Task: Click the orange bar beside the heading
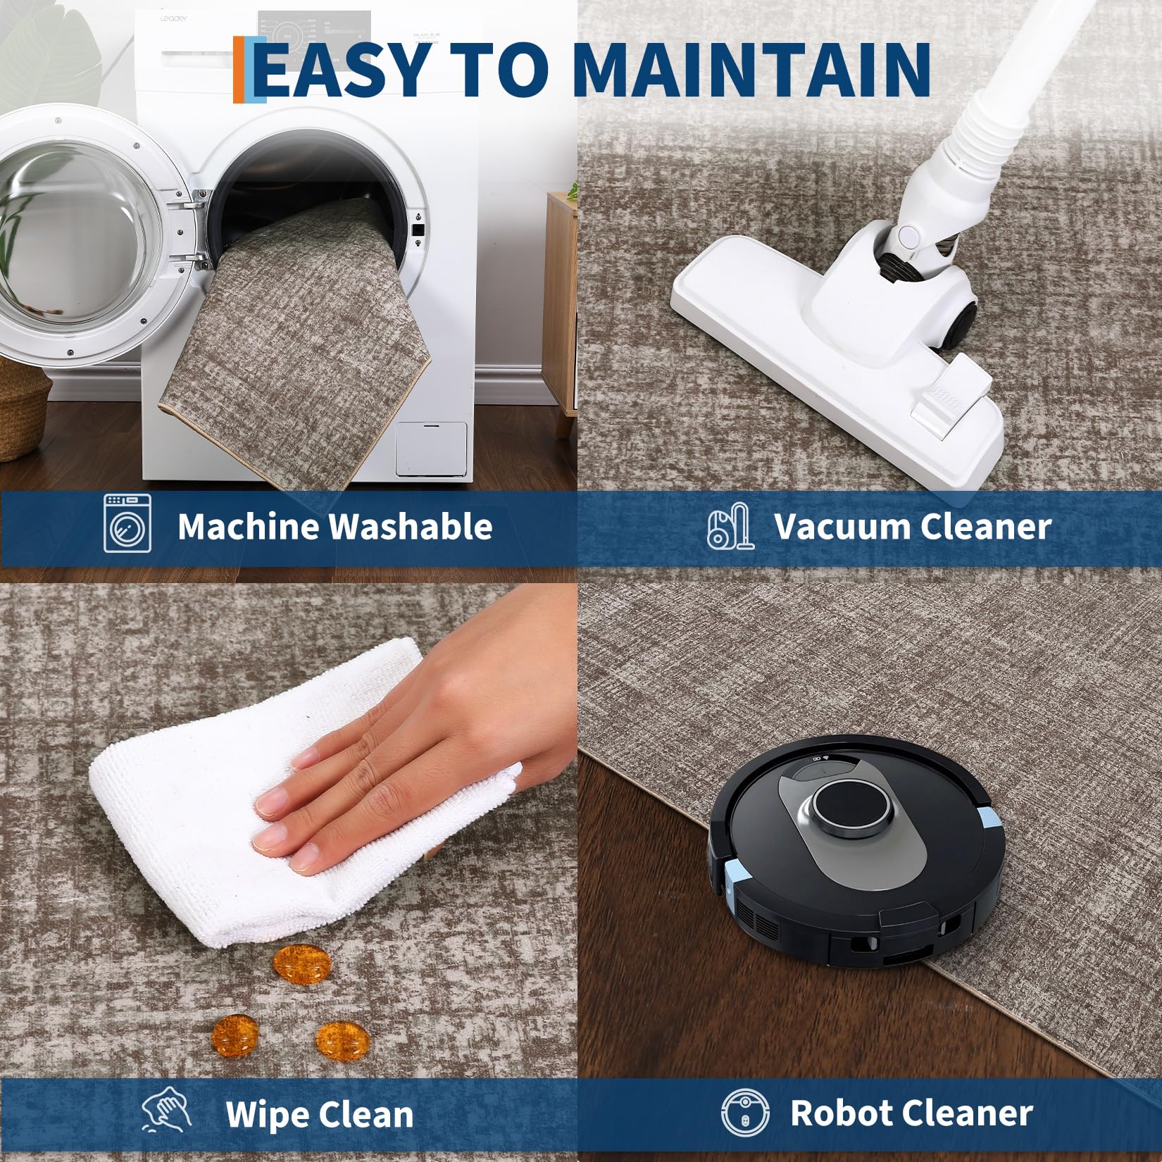point(239,69)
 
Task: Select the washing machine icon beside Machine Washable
point(127,523)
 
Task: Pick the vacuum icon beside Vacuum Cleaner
point(730,526)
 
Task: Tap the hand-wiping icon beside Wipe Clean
point(167,1111)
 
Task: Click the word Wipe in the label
point(265,1114)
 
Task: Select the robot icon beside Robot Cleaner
point(745,1113)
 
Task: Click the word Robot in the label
point(841,1113)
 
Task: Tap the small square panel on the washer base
point(431,449)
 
